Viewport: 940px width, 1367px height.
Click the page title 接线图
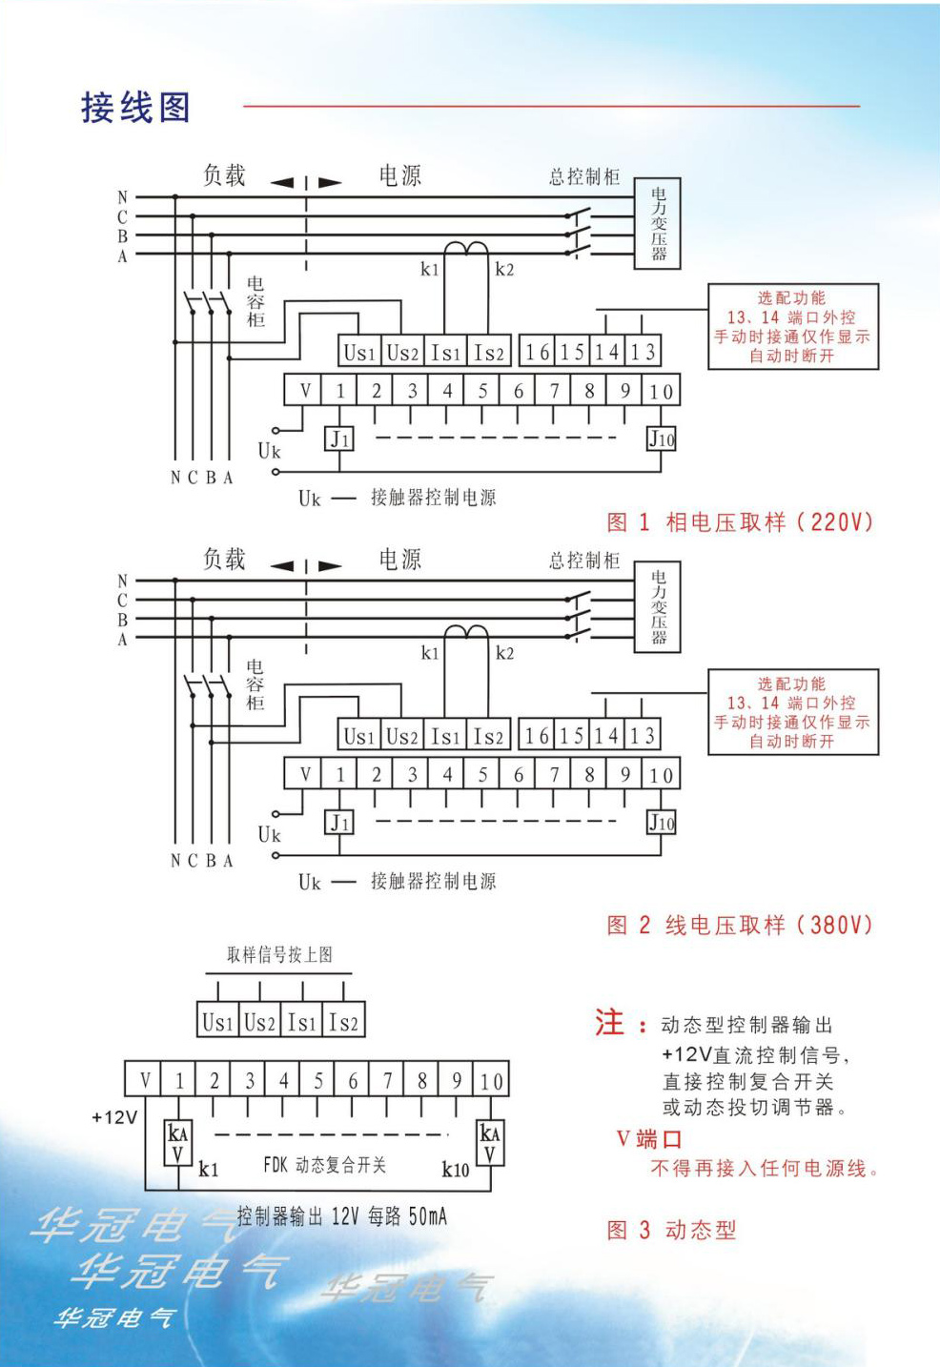[135, 107]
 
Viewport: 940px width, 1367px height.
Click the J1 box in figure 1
[339, 439]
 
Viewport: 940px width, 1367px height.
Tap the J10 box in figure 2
[662, 823]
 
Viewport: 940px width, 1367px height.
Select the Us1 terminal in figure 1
[359, 352]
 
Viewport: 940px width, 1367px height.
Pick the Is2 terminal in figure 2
[488, 736]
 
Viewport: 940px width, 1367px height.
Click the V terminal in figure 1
[305, 390]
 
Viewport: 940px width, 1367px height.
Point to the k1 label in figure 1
[430, 269]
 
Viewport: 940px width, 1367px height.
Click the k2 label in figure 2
[504, 653]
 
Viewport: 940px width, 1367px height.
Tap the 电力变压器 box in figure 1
[658, 224]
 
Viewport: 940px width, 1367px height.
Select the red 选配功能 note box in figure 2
[792, 712]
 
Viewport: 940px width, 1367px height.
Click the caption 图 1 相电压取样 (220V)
[740, 521]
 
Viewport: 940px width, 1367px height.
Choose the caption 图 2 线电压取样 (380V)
[740, 925]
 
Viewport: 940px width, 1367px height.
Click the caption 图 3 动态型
[672, 1230]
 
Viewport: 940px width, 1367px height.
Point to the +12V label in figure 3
[114, 1117]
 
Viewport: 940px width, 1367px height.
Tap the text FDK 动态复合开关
[324, 1165]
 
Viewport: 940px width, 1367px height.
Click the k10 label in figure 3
[456, 1170]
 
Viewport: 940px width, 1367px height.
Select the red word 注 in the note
[609, 1023]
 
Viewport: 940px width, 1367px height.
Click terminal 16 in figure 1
[537, 352]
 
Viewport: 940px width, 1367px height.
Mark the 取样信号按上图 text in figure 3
[279, 954]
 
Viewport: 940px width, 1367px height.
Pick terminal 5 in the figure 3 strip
[318, 1081]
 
